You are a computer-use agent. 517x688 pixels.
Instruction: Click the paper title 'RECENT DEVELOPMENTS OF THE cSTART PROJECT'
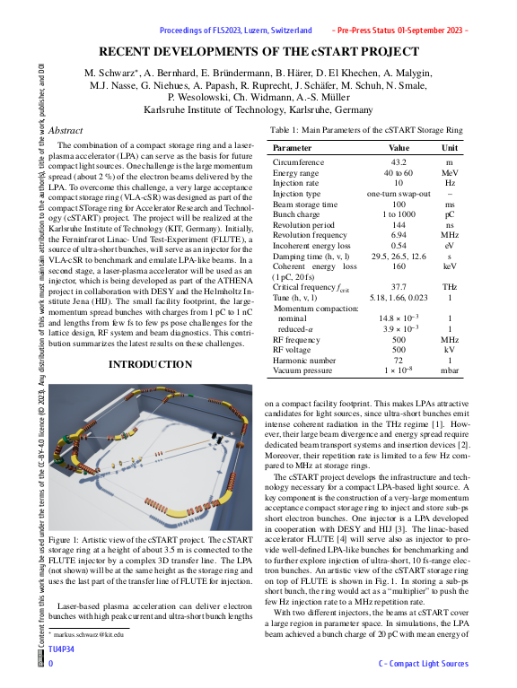(x=258, y=51)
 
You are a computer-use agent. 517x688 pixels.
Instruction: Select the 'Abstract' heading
(x=66, y=131)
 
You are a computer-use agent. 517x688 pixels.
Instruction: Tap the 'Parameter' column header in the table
(x=293, y=147)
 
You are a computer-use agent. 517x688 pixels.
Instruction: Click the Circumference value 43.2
(x=399, y=162)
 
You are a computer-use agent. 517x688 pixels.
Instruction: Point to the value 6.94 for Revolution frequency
(x=399, y=233)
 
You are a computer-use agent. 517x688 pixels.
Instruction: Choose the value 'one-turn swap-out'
(x=399, y=193)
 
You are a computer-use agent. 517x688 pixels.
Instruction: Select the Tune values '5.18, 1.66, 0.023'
(x=399, y=297)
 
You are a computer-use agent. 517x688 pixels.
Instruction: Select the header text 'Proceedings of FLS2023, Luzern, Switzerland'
(x=236, y=30)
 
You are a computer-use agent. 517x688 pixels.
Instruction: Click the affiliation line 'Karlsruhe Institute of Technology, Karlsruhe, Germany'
(x=258, y=109)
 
